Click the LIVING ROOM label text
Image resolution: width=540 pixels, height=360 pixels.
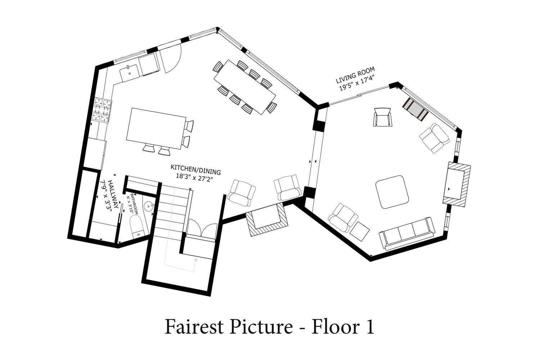[x=356, y=75]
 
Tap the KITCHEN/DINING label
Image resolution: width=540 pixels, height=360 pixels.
[x=196, y=170]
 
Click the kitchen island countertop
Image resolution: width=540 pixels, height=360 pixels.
[x=156, y=129]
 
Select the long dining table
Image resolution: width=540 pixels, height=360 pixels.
[x=245, y=87]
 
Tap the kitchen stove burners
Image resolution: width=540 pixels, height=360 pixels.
[x=102, y=110]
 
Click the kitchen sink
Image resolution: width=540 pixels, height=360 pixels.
[x=130, y=73]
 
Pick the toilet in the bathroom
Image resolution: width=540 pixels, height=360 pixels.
[x=136, y=226]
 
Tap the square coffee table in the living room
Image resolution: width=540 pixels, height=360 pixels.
[x=392, y=192]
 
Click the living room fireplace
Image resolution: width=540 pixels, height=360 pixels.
[x=456, y=184]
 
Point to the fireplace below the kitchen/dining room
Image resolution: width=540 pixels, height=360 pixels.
[x=267, y=220]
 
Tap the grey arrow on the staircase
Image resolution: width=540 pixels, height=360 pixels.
[x=195, y=260]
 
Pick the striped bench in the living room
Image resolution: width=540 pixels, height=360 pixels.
[x=415, y=109]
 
